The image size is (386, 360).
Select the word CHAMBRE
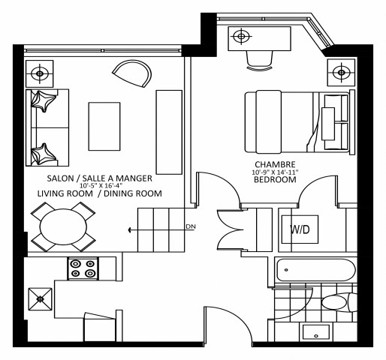pyautogui.click(x=274, y=164)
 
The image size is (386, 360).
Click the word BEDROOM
pyautogui.click(x=274, y=180)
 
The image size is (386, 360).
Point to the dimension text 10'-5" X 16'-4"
pyautogui.click(x=100, y=185)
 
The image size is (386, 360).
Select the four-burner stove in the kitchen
pyautogui.click(x=82, y=268)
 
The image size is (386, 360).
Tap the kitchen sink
pyautogui.click(x=38, y=298)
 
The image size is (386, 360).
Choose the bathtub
pyautogui.click(x=315, y=271)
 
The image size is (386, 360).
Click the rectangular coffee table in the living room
pyautogui.click(x=104, y=124)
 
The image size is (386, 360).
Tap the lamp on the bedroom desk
pyautogui.click(x=240, y=35)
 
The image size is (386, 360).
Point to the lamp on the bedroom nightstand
pyautogui.click(x=342, y=73)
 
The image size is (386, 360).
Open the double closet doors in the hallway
pyautogui.click(x=231, y=230)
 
